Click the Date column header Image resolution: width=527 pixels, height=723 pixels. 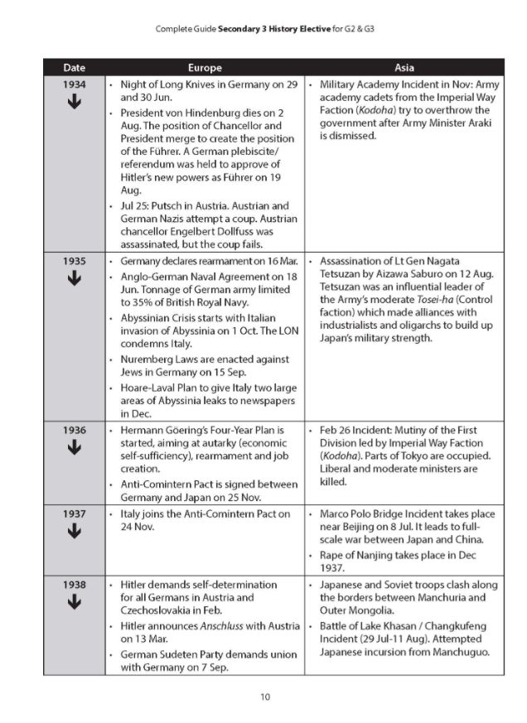click(x=74, y=67)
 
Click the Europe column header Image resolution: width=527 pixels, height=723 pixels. click(x=204, y=67)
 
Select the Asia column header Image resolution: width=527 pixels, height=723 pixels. click(x=404, y=67)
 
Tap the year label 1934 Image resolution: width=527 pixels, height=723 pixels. click(x=75, y=84)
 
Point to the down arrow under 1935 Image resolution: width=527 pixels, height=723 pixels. click(x=75, y=279)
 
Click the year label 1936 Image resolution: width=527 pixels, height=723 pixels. click(x=75, y=431)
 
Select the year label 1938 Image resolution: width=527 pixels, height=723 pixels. click(x=75, y=584)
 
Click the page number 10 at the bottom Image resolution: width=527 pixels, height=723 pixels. click(x=264, y=696)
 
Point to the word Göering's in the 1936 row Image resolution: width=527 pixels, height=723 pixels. click(x=192, y=431)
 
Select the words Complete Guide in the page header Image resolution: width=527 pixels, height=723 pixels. click(x=186, y=30)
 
